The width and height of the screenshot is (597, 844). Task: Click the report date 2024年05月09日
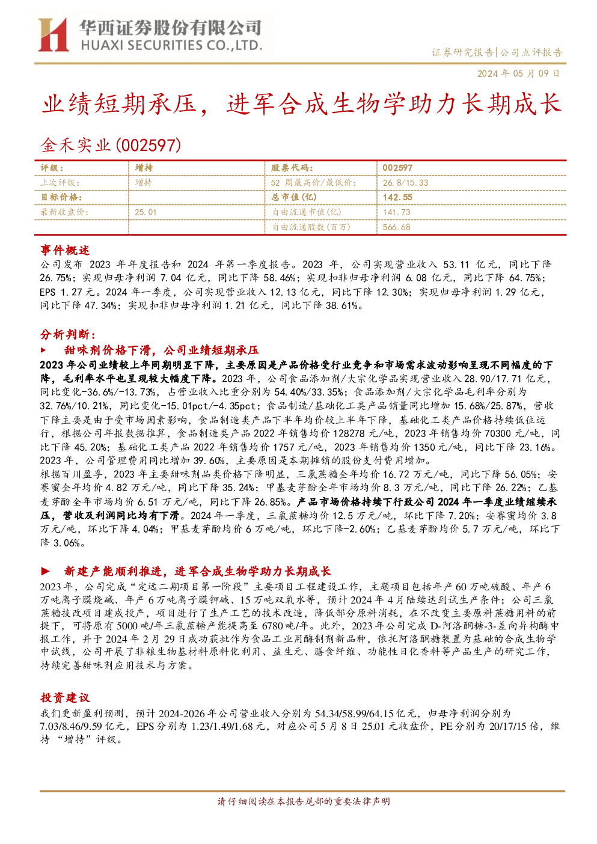[518, 73]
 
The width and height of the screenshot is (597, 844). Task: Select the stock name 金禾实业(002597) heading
[111, 145]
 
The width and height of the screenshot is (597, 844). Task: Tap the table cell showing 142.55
[397, 197]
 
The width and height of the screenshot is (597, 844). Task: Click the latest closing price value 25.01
[145, 212]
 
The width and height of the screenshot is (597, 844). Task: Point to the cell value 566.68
[396, 227]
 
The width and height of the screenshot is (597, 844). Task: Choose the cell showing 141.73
[396, 212]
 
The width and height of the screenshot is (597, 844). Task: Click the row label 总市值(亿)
[294, 197]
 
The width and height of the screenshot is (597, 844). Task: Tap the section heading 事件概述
[65, 250]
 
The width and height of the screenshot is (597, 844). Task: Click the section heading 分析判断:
[68, 334]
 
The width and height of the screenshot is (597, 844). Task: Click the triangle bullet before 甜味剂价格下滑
[43, 350]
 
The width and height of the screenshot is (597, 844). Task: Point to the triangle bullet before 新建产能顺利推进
[45, 571]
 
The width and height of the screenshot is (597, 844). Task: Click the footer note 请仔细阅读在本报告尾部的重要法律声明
[303, 801]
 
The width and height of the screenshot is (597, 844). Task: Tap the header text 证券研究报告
[462, 52]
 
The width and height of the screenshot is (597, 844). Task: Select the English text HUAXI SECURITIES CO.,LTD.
[171, 46]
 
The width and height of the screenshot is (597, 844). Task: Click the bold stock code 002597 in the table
[397, 168]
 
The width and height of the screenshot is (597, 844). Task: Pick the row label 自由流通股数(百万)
[311, 227]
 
